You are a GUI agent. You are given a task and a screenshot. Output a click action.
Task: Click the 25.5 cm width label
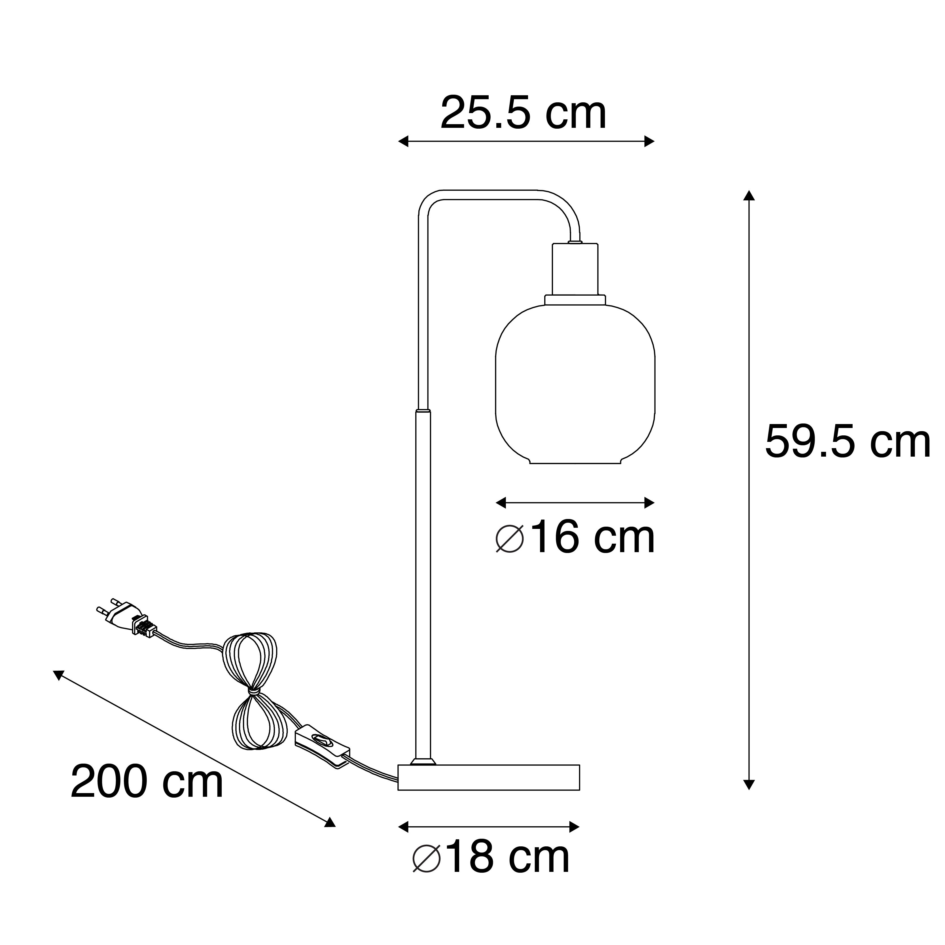(x=523, y=113)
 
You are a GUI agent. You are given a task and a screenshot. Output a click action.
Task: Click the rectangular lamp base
(x=489, y=791)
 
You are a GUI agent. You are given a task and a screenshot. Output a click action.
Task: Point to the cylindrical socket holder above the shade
(x=575, y=269)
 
